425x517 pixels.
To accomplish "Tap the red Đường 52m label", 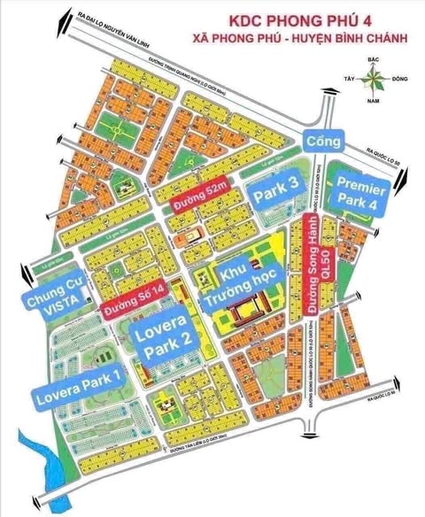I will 196,209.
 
